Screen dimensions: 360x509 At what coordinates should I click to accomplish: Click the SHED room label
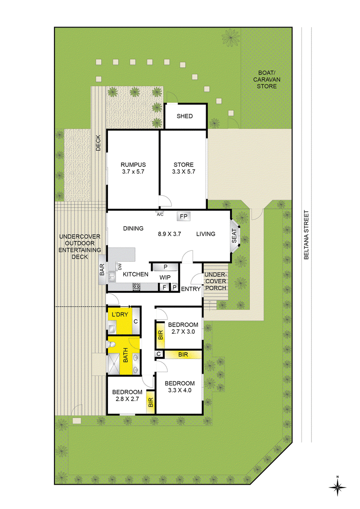[184, 116]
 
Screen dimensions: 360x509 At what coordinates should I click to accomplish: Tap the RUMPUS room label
[133, 165]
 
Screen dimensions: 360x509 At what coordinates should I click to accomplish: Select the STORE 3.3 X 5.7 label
[184, 168]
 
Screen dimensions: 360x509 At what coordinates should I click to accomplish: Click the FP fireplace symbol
[184, 217]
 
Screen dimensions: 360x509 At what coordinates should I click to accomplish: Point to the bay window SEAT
[234, 236]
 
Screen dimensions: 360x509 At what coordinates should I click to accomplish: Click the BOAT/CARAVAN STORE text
[267, 80]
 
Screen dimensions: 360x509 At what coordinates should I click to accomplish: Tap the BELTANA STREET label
[306, 235]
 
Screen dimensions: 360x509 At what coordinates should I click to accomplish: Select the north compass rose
[337, 487]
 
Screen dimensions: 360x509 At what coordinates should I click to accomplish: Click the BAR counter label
[102, 270]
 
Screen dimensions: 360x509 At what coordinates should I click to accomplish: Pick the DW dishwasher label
[120, 267]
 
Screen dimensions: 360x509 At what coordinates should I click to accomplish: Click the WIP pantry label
[165, 277]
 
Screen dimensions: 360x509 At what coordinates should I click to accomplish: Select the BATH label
[126, 355]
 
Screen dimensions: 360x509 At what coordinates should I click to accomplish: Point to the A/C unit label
[160, 214]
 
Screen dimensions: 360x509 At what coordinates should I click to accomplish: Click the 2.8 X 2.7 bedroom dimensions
[127, 399]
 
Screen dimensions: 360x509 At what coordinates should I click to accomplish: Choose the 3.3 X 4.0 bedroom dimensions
[180, 390]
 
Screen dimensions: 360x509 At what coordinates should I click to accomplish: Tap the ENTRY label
[191, 289]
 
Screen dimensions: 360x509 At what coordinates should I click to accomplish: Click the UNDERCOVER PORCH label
[216, 281]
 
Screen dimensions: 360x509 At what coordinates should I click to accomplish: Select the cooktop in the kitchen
[136, 286]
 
